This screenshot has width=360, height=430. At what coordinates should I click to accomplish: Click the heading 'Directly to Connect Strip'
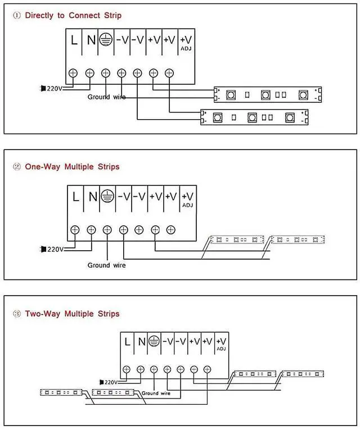click(x=73, y=15)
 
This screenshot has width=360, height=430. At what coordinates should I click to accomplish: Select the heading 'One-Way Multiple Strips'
click(x=72, y=167)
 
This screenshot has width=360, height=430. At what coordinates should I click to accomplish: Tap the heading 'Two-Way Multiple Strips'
click(x=72, y=314)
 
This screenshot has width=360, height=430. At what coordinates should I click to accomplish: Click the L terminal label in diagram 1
click(x=74, y=41)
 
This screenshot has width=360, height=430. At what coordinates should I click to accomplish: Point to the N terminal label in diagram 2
click(x=92, y=197)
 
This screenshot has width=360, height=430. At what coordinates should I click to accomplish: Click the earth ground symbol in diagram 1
click(x=105, y=40)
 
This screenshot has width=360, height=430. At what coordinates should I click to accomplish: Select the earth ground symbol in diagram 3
click(x=154, y=341)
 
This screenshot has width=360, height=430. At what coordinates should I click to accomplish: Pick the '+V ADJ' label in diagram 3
click(x=221, y=343)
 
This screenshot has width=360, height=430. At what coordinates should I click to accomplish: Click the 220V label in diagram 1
click(x=55, y=88)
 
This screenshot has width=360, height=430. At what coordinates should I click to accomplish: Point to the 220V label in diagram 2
click(x=55, y=249)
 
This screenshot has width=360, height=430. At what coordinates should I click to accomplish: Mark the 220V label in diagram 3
click(x=109, y=382)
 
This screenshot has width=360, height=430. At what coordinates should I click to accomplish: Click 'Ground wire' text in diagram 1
click(x=106, y=97)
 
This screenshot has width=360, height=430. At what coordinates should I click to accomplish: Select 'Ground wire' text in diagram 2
click(x=106, y=265)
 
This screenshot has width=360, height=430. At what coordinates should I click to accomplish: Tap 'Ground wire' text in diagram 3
click(x=155, y=393)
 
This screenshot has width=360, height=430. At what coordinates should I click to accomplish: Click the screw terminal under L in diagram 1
click(x=73, y=73)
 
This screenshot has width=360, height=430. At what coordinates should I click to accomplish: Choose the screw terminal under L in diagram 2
click(x=75, y=229)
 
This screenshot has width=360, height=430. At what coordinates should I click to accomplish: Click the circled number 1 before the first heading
click(x=16, y=15)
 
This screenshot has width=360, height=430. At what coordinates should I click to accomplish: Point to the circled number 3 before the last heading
click(x=16, y=314)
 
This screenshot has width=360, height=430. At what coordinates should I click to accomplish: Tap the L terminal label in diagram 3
click(x=128, y=341)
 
